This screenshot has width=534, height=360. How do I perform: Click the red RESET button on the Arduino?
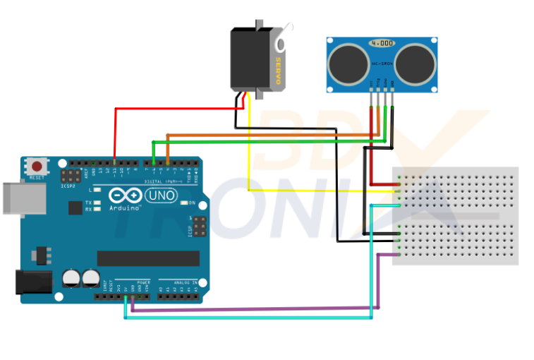pos(36,166)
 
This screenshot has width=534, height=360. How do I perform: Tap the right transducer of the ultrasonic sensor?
pos(413,61)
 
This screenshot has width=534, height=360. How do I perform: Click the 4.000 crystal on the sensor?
pos(382,43)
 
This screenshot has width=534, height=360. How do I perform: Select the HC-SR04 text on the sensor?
pos(382,64)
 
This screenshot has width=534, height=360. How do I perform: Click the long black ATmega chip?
pos(138,258)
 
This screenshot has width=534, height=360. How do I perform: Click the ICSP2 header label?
pos(68,186)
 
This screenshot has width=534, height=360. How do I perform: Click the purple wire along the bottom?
pos(254,308)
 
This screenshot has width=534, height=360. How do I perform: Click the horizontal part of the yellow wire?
pos(317,190)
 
